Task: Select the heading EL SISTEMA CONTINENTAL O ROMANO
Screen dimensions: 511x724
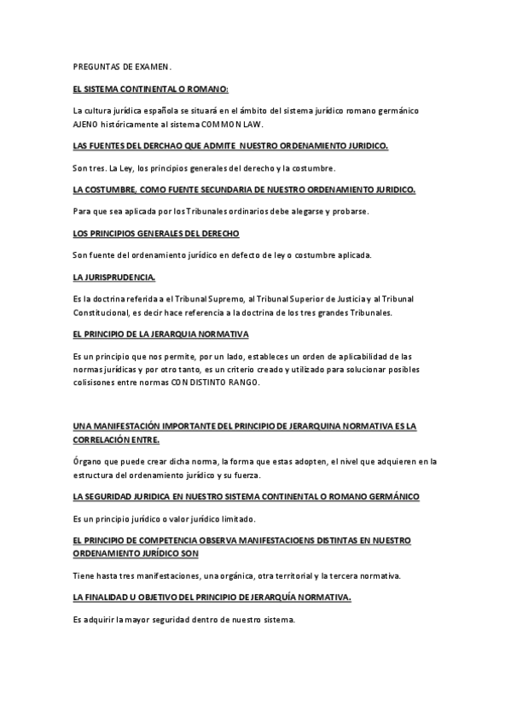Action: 151,89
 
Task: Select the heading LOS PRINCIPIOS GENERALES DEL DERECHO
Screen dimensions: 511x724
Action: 157,233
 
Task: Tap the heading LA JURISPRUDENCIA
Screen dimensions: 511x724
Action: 115,277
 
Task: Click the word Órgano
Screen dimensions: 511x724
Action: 87,461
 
